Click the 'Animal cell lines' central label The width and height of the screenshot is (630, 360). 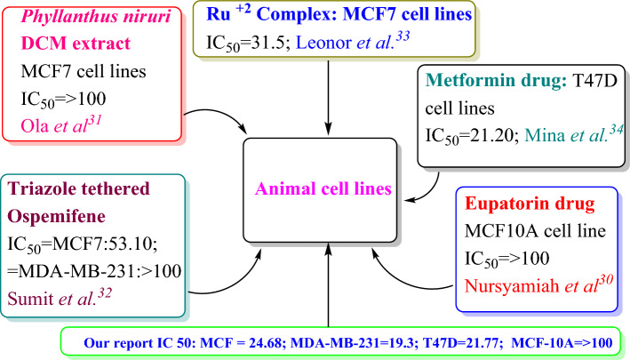(329, 188)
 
